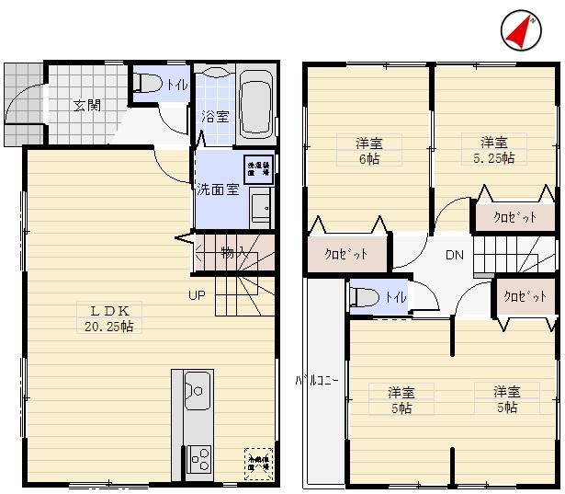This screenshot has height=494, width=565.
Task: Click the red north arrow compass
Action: click(x=520, y=31)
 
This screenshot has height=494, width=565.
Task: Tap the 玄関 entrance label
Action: click(x=87, y=104)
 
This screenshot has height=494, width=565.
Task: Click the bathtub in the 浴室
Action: click(x=254, y=103)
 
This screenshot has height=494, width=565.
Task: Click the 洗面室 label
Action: click(x=218, y=190)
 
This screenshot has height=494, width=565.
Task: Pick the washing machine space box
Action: click(x=258, y=169)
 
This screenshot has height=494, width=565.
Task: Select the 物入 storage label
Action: click(x=232, y=252)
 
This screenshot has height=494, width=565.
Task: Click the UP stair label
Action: click(x=197, y=295)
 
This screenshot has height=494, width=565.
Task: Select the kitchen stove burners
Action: click(x=198, y=457)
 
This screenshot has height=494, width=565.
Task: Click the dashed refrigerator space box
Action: click(x=257, y=459)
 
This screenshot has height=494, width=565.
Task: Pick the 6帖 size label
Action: click(x=369, y=158)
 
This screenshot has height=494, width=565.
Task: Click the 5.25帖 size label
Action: click(x=493, y=157)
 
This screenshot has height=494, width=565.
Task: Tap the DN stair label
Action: click(x=455, y=255)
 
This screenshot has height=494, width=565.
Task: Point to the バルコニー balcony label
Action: click(x=306, y=379)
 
